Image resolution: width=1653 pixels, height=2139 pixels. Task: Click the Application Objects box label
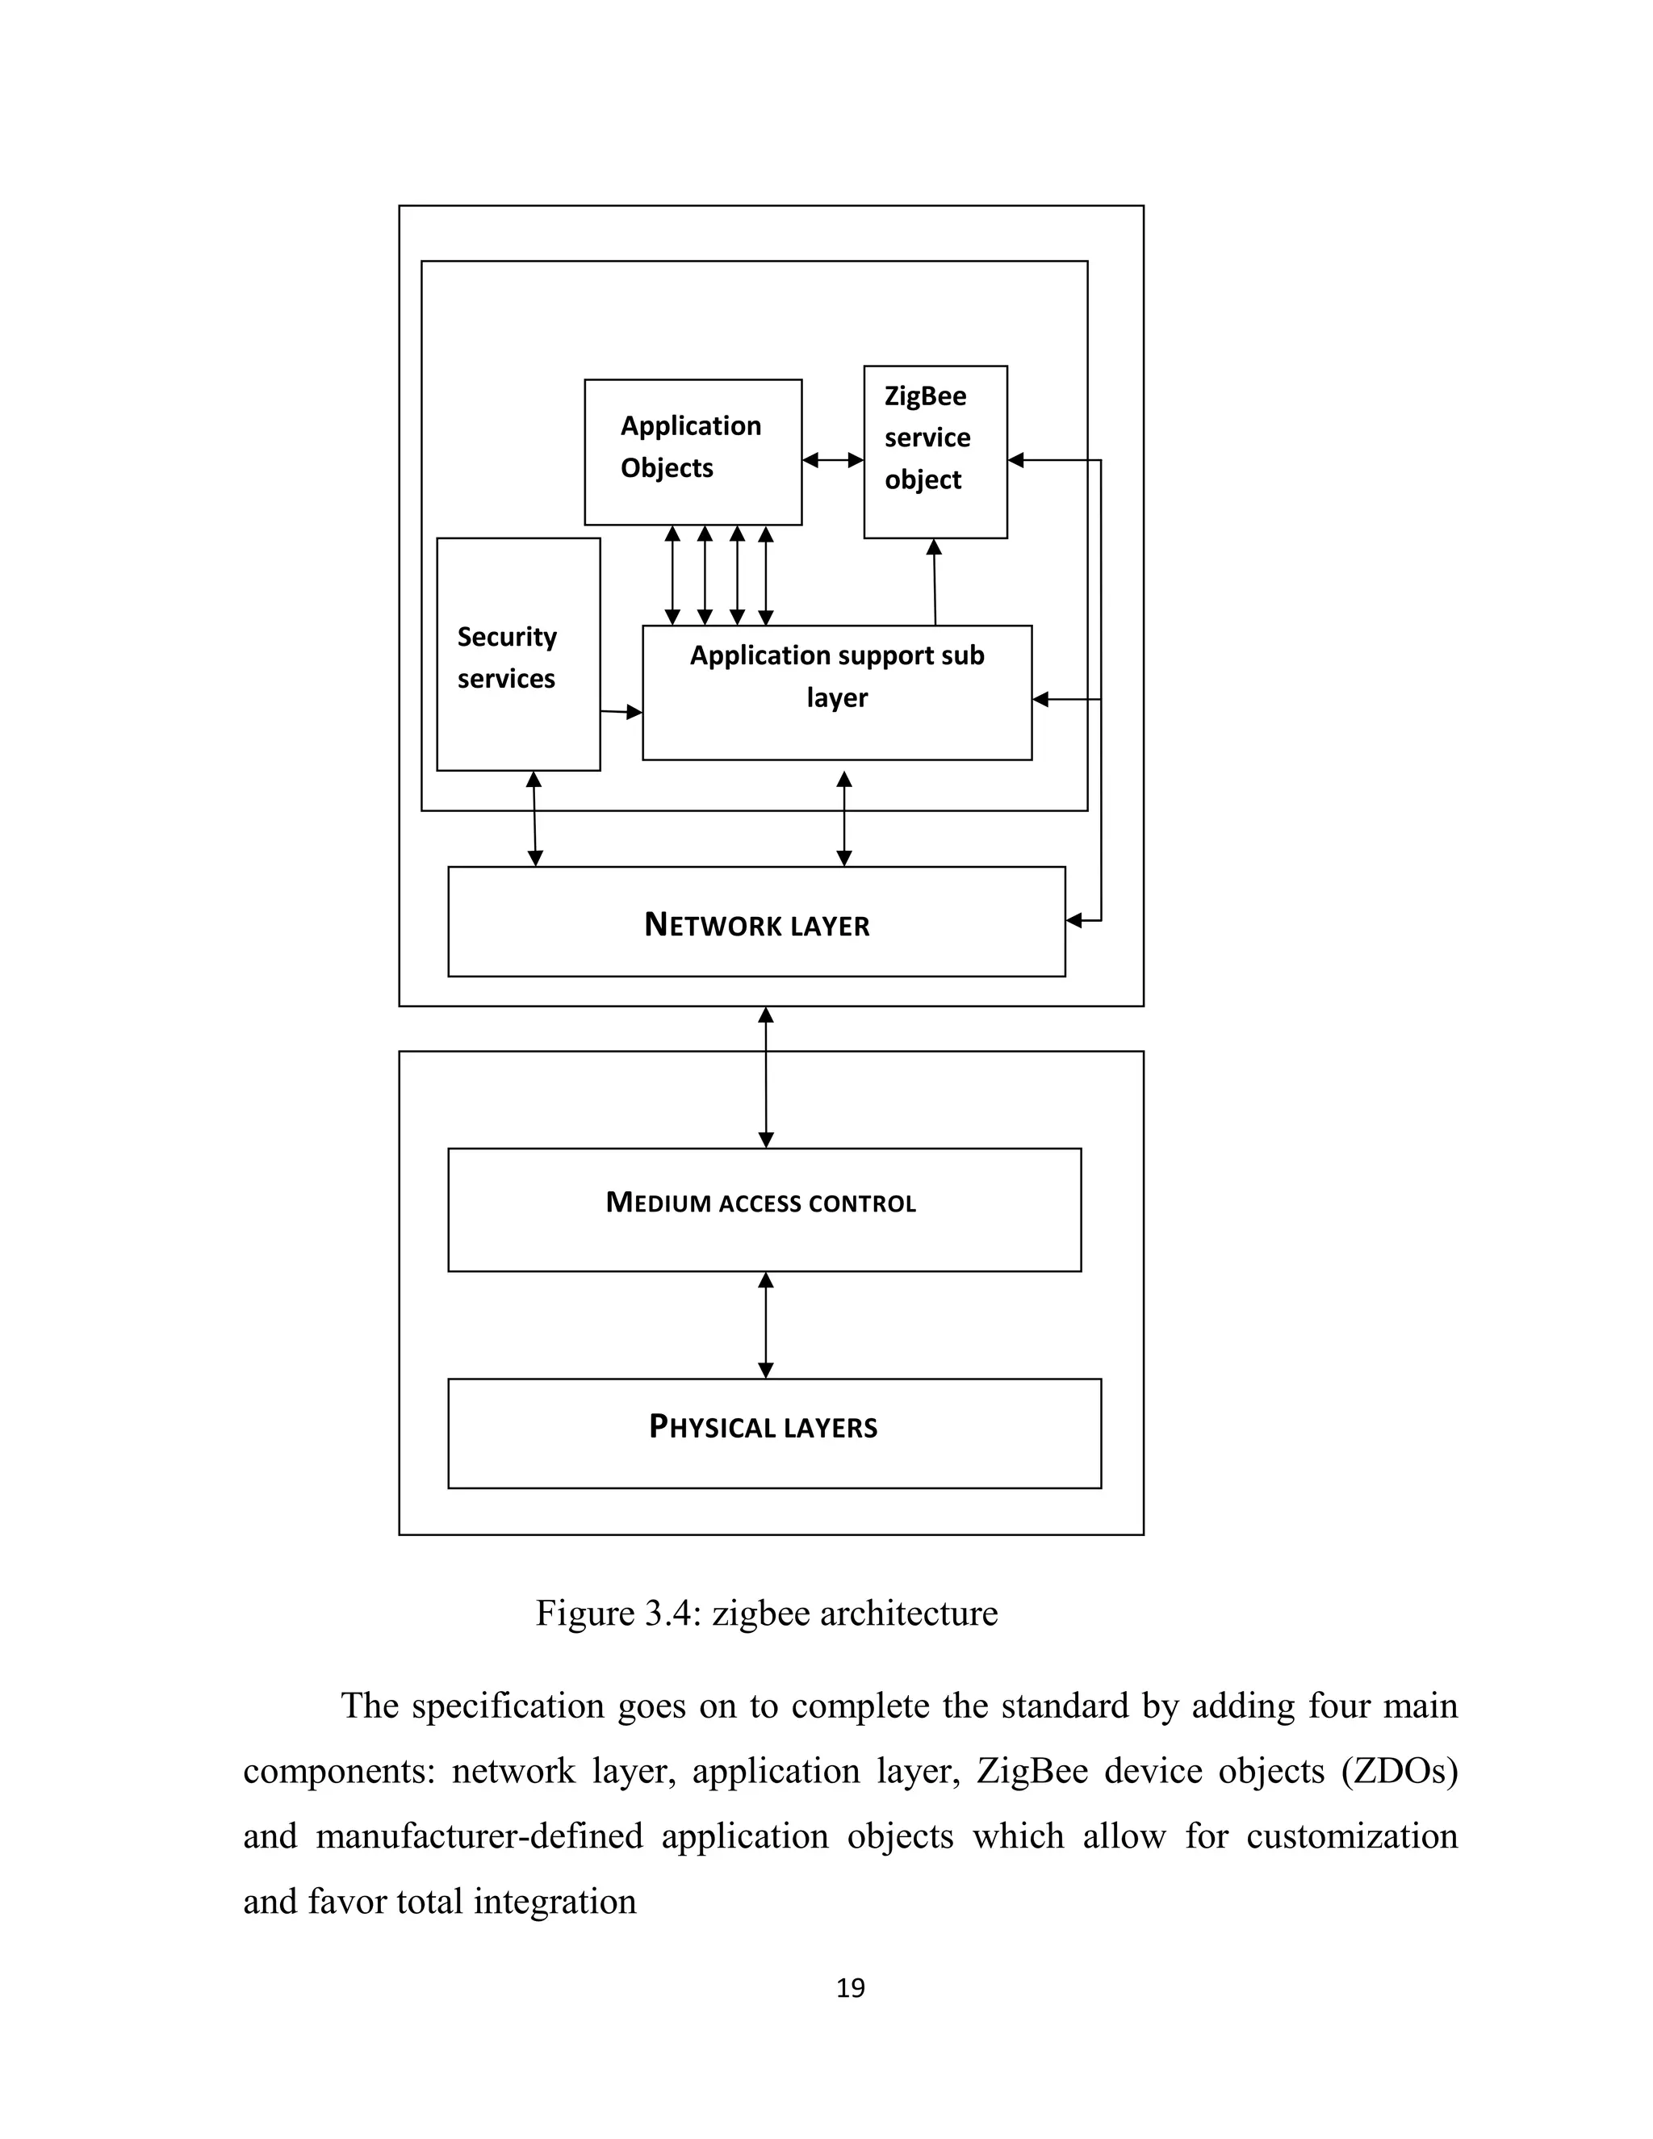690,446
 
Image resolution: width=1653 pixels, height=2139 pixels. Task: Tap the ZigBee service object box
934,451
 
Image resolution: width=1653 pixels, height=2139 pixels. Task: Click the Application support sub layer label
836,676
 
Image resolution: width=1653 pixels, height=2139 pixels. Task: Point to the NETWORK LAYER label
756,924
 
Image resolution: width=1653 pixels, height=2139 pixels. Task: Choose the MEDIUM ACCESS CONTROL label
761,1203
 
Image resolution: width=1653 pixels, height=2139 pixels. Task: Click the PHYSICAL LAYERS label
763,1427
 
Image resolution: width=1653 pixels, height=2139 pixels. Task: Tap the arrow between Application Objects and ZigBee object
832,459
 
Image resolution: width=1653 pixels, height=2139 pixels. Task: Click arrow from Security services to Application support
621,712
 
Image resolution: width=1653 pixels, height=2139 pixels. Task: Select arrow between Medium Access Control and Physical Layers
766,1325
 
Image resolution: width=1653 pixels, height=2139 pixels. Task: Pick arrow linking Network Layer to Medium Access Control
766,1078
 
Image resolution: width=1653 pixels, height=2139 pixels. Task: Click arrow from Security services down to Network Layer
534,818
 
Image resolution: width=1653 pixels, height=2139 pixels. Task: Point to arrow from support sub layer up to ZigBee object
934,582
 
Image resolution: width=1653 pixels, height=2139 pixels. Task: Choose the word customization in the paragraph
1351,1836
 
